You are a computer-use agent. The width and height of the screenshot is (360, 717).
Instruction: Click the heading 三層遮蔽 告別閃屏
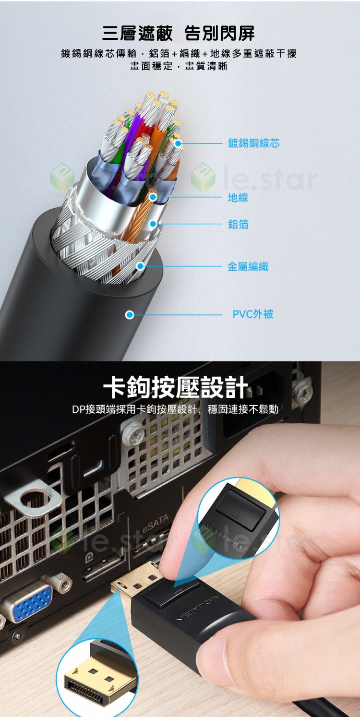[179, 33]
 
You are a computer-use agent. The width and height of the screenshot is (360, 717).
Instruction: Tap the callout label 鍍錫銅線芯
[253, 143]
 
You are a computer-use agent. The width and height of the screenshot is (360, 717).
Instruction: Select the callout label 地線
[238, 198]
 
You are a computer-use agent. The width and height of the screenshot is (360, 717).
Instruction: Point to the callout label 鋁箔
[238, 224]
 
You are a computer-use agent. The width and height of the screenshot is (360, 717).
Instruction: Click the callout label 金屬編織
[248, 266]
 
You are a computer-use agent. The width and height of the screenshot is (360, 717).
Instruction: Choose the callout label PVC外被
[253, 314]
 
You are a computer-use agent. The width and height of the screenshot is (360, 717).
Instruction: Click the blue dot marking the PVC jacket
[130, 315]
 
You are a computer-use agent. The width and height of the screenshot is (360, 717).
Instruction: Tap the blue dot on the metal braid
[140, 266]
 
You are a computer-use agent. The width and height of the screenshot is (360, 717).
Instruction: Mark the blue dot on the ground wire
[153, 197]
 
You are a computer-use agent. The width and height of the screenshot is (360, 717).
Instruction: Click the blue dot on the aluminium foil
[153, 224]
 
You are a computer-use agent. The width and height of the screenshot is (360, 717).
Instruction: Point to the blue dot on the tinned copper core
[178, 143]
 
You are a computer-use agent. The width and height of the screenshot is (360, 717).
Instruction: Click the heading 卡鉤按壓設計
[176, 387]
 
